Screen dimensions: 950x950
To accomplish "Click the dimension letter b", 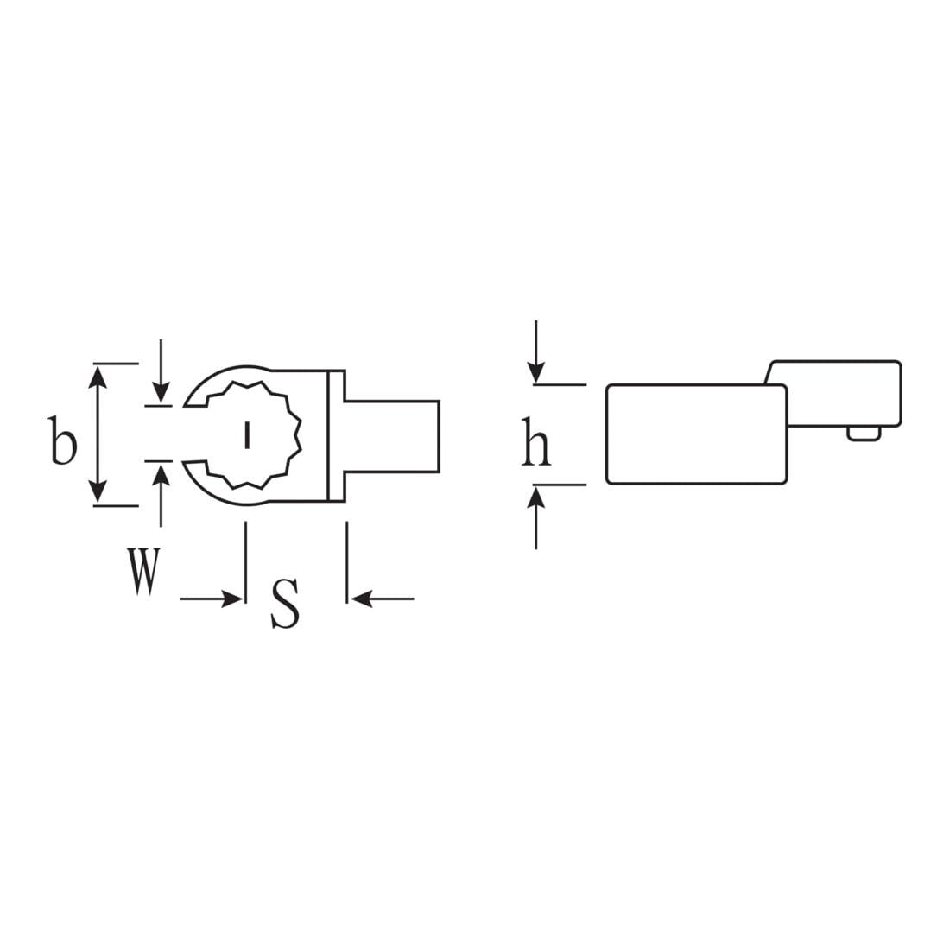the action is point(63,440).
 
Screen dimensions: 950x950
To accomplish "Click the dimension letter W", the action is point(143,570).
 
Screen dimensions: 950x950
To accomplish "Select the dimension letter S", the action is point(285,603).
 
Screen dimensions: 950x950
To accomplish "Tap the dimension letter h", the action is point(536,441).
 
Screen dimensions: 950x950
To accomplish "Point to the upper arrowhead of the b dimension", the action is point(98,376).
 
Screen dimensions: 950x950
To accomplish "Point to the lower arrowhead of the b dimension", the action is point(98,492).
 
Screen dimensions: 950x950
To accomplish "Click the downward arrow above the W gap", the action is point(161,370).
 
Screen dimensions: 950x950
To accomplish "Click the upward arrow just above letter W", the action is point(161,495).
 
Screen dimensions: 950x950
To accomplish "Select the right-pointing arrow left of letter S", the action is point(211,599).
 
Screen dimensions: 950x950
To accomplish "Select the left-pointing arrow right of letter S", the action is point(383,599).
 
